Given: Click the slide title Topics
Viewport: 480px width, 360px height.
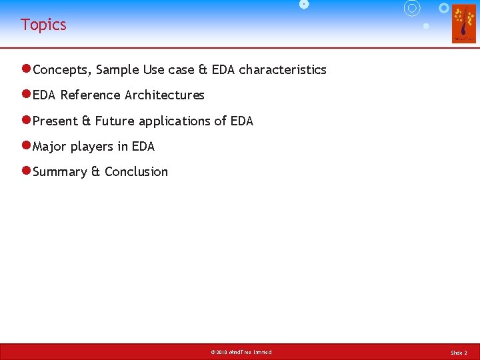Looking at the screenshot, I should (x=43, y=25).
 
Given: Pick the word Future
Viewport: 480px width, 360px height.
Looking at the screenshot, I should (x=115, y=121).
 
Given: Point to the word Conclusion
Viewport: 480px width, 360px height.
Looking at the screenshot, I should (x=137, y=172).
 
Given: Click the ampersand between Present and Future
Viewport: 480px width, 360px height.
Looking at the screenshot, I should (x=86, y=121).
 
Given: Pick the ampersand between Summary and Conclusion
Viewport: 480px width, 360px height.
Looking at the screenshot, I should (x=95, y=172).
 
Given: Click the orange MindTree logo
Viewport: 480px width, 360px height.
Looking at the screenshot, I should (x=464, y=23).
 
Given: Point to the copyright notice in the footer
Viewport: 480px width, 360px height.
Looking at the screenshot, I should (x=241, y=352).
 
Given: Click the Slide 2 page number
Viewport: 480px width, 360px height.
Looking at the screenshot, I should (x=459, y=352).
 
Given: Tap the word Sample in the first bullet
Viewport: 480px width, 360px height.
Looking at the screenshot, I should (x=120, y=70).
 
